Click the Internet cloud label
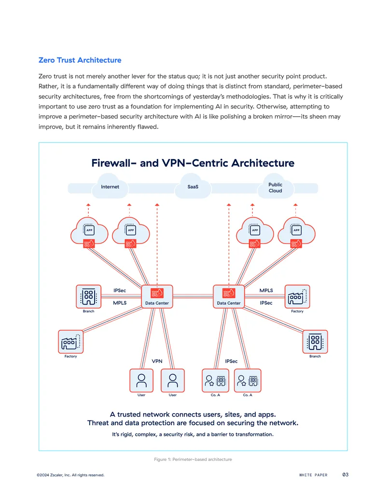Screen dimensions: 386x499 pos(110,187)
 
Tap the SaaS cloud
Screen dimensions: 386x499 pos(193,186)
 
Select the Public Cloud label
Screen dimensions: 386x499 pos(275,188)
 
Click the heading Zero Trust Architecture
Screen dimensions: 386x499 pos(80,60)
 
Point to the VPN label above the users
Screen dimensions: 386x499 pos(157,361)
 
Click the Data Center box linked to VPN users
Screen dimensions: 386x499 pos(157,297)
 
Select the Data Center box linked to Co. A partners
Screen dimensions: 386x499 pos(229,297)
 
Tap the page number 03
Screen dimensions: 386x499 pos(345,474)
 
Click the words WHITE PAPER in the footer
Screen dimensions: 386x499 pos(314,475)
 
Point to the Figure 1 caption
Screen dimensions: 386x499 pos(193,459)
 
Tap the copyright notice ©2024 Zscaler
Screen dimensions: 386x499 pos(70,475)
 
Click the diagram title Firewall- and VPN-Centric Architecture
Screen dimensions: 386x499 pos(193,163)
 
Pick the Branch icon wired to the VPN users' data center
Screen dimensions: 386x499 pos(88,297)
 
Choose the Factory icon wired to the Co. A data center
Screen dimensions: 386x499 pos(297,297)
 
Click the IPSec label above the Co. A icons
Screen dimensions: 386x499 pos(231,361)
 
